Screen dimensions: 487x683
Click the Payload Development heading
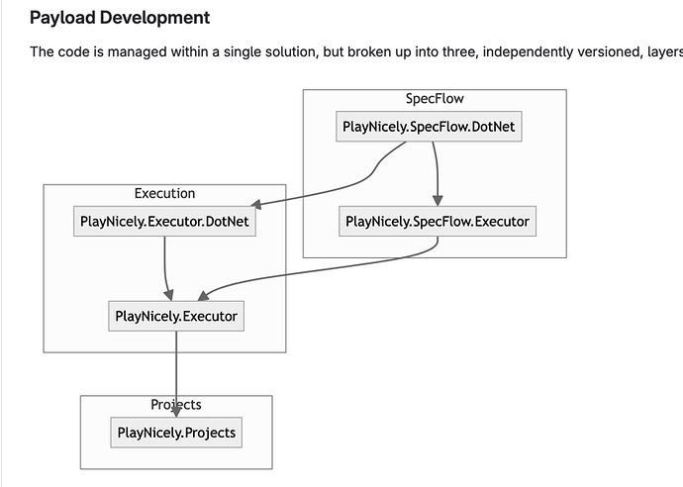(120, 18)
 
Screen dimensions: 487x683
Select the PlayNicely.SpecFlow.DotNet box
(429, 127)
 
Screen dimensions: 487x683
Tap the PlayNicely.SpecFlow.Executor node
(437, 221)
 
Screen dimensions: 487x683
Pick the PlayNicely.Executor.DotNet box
(164, 221)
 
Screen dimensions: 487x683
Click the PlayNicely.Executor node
(176, 317)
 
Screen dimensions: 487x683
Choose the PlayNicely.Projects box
(176, 432)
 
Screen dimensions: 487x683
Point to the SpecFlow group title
(435, 99)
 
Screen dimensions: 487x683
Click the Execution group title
(164, 193)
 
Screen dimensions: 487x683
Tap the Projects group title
(176, 404)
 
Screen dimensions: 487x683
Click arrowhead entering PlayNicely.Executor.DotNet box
(255, 207)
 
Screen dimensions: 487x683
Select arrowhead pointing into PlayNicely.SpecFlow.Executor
(437, 200)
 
